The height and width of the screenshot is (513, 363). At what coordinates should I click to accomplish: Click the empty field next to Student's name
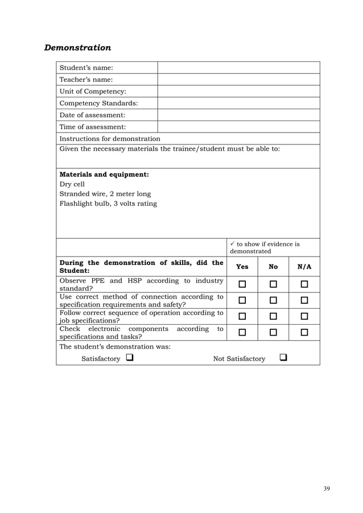(238, 68)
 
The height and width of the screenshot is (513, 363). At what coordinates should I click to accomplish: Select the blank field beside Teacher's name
(238, 80)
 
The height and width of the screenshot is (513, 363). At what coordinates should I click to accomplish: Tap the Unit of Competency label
(93, 92)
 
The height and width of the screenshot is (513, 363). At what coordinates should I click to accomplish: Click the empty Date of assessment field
(238, 115)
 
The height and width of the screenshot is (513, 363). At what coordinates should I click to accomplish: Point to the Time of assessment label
(93, 127)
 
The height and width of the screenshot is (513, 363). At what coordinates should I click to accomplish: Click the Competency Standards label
(98, 104)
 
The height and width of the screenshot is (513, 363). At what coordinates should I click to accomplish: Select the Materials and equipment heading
(104, 174)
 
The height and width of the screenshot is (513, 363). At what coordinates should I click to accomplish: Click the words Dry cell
(72, 184)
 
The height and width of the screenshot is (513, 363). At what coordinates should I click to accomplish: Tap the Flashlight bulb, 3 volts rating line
(108, 204)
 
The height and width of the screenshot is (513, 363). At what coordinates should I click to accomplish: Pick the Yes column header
(242, 266)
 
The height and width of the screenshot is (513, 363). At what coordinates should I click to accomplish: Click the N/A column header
(304, 266)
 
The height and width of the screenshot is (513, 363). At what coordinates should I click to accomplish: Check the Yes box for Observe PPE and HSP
(242, 284)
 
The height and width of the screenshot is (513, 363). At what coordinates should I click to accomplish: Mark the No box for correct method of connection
(274, 300)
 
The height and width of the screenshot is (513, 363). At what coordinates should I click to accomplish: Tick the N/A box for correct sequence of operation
(304, 316)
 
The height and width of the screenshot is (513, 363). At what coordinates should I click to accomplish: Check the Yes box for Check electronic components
(242, 332)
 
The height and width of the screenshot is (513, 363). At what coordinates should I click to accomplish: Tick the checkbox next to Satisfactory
(130, 358)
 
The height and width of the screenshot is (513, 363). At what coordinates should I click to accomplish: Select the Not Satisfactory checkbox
(283, 358)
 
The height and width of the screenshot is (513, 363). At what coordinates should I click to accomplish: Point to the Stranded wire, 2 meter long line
(105, 194)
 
